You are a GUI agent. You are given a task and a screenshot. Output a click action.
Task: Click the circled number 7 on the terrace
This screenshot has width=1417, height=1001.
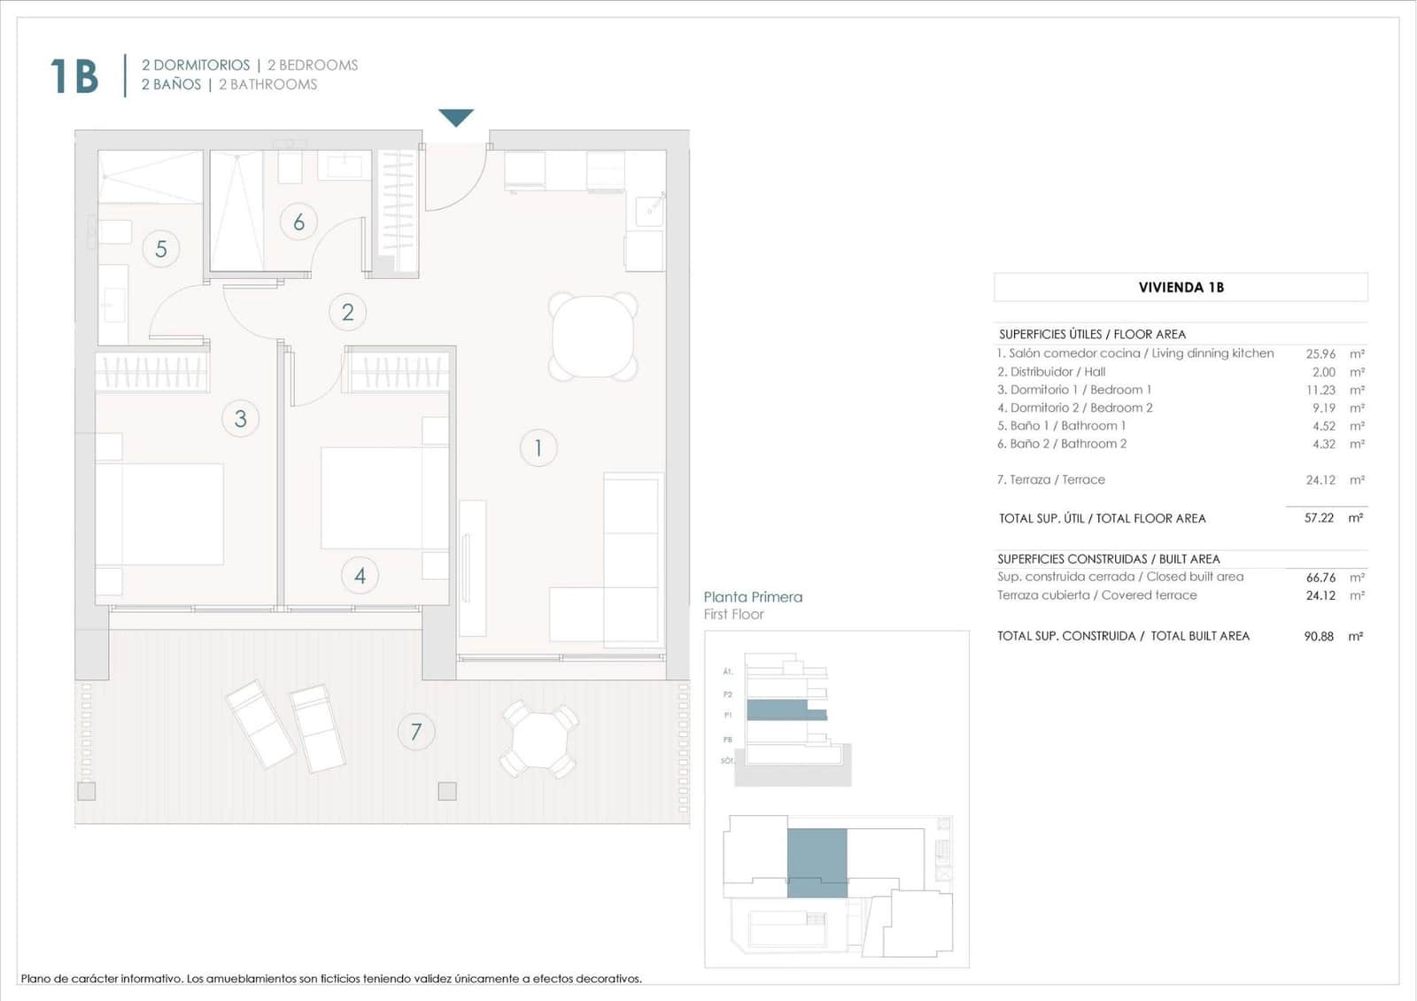click(415, 733)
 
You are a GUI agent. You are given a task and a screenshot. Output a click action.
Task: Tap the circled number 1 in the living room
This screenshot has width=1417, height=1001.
click(538, 448)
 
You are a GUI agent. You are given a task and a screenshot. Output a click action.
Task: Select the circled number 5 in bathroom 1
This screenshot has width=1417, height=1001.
click(160, 249)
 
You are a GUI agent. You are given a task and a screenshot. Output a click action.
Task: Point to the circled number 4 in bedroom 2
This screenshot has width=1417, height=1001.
click(360, 576)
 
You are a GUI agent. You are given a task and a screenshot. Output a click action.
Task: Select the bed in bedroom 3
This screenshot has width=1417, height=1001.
click(159, 514)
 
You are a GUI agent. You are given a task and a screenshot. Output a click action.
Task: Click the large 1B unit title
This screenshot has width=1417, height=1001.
click(74, 76)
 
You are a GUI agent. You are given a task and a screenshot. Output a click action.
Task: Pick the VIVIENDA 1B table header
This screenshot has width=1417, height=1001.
click(1181, 287)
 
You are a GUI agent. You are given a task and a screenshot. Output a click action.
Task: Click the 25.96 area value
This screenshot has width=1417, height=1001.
click(1320, 353)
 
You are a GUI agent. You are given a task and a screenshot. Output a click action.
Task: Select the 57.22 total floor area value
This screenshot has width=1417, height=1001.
click(1319, 518)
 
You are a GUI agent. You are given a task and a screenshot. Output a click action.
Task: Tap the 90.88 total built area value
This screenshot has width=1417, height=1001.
click(1319, 636)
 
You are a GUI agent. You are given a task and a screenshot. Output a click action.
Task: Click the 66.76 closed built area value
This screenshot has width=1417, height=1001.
click(1320, 578)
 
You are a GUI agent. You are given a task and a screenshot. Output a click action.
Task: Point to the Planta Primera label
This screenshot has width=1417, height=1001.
click(753, 597)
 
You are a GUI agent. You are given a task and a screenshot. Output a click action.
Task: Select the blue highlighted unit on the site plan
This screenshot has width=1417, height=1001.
click(817, 862)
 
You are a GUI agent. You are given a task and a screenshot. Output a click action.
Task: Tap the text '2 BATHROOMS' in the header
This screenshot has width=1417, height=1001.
click(267, 85)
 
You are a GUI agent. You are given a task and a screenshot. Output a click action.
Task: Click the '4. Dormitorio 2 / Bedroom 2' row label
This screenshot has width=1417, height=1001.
click(1075, 407)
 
